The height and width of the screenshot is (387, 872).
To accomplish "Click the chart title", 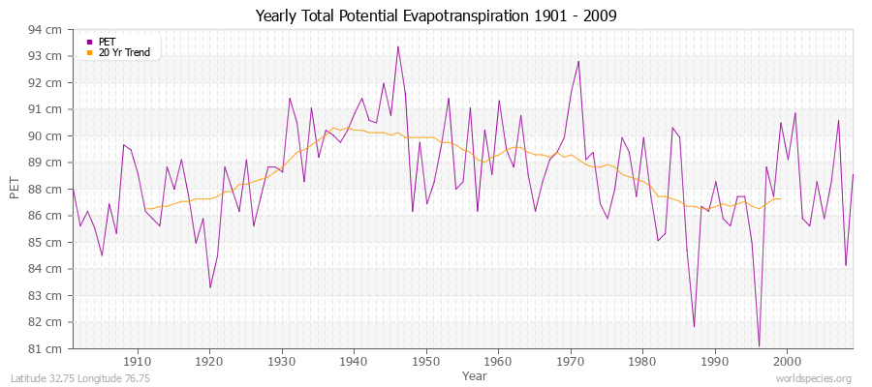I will click(436, 16).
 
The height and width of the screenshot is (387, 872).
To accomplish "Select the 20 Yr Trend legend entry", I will click(125, 52).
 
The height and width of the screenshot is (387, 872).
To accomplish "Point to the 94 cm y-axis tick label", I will click(46, 30).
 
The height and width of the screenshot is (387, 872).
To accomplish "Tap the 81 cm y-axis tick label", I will click(46, 348).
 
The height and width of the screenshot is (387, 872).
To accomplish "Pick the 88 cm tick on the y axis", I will click(46, 189).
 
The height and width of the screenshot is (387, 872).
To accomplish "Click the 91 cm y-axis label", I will click(46, 109).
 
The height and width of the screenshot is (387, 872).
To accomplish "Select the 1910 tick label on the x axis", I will click(137, 360).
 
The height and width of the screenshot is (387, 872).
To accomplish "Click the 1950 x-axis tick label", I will click(425, 360).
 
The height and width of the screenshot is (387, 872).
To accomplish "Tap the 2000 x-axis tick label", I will click(786, 360).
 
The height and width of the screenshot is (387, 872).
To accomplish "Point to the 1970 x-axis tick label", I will click(570, 360).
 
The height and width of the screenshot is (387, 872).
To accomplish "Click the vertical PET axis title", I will click(14, 189).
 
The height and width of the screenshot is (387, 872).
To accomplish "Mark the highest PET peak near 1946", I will click(397, 46).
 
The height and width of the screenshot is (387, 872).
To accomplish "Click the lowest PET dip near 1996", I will click(759, 345).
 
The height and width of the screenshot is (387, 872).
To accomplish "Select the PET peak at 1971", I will click(578, 62).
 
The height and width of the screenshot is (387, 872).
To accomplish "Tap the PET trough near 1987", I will click(694, 326).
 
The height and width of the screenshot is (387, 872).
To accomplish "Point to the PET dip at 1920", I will click(210, 286).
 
